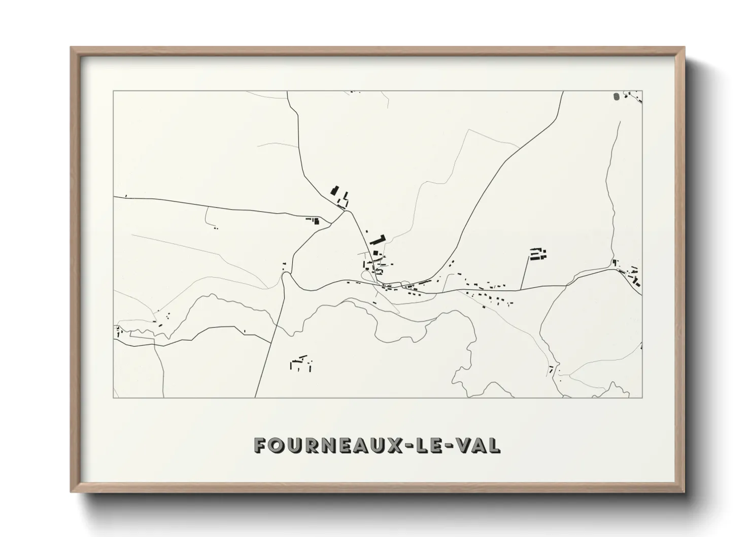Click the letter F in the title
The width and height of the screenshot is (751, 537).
click(261, 445)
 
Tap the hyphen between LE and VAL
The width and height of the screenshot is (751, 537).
click(449, 446)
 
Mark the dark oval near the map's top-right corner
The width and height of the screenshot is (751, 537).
click(616, 96)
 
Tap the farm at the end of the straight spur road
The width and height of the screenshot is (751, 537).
click(538, 253)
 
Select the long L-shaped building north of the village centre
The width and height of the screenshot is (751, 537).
click(378, 239)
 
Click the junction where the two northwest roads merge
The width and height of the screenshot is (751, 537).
click(346, 211)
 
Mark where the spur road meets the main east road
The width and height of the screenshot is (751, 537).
click(521, 290)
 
